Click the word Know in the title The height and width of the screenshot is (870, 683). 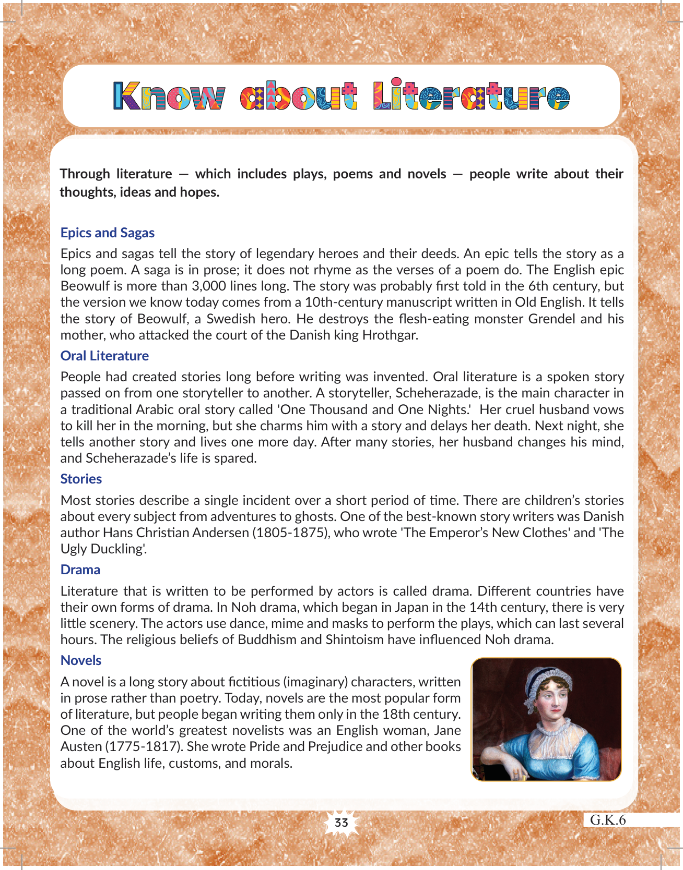coord(169,96)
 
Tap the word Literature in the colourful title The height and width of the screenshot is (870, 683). coord(472,96)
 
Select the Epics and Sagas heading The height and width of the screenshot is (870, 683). coord(108,233)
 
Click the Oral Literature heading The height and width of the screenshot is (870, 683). coord(104,356)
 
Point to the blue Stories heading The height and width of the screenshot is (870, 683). coord(81,479)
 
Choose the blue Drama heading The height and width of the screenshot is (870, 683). coord(80,570)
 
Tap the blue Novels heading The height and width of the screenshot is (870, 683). coord(81,660)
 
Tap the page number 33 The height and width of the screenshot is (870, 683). coord(341,823)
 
